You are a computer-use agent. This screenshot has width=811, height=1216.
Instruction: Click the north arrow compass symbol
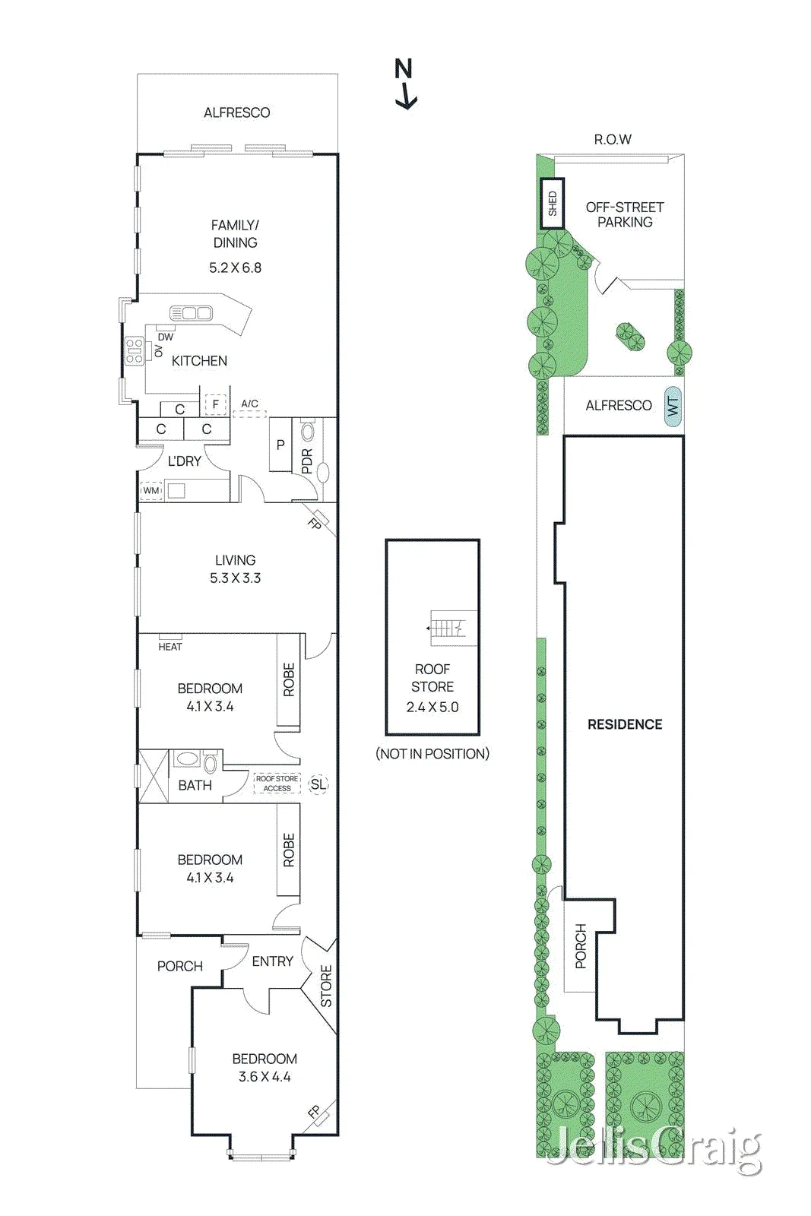(x=405, y=84)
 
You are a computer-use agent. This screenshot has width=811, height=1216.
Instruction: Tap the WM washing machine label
(x=151, y=491)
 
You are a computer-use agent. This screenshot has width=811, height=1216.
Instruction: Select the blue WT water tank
(x=672, y=406)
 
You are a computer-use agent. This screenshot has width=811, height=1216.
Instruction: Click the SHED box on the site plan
(x=552, y=204)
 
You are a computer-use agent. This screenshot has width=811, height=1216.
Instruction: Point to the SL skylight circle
(x=318, y=784)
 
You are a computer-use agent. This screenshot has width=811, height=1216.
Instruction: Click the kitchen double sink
(x=191, y=313)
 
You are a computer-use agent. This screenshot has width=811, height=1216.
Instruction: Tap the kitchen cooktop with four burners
(x=135, y=351)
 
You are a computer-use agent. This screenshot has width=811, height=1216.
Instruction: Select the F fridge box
(x=216, y=404)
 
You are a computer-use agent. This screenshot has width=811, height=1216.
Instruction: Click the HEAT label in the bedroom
(x=170, y=647)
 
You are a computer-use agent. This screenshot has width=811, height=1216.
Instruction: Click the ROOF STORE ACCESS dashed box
(x=277, y=784)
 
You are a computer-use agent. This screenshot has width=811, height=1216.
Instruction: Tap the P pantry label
(x=280, y=445)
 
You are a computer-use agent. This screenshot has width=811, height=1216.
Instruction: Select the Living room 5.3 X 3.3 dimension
(x=236, y=578)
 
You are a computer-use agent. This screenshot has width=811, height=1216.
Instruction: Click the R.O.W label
(x=613, y=140)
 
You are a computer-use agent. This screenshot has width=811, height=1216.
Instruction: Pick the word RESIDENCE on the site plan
(x=625, y=724)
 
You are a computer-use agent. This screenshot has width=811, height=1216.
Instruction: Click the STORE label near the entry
(x=326, y=986)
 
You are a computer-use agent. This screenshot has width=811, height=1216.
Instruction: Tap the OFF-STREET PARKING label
(x=625, y=214)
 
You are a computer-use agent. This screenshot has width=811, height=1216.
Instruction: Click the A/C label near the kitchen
(x=250, y=404)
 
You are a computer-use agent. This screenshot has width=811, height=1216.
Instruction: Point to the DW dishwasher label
(x=166, y=337)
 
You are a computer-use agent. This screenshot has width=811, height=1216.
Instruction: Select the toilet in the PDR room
(x=308, y=432)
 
